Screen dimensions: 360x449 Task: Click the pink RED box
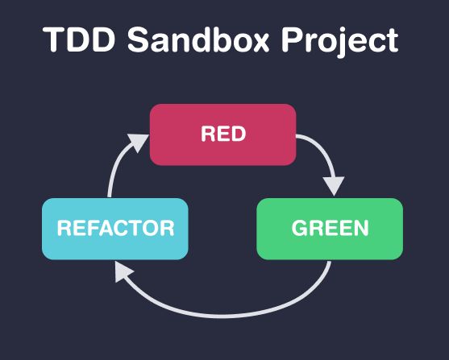[x=223, y=134]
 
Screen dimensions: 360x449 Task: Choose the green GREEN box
[x=329, y=229]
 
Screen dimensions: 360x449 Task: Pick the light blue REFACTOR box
[x=114, y=229]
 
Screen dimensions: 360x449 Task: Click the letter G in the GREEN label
[x=299, y=229]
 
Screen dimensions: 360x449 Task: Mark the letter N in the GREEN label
[x=360, y=229]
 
